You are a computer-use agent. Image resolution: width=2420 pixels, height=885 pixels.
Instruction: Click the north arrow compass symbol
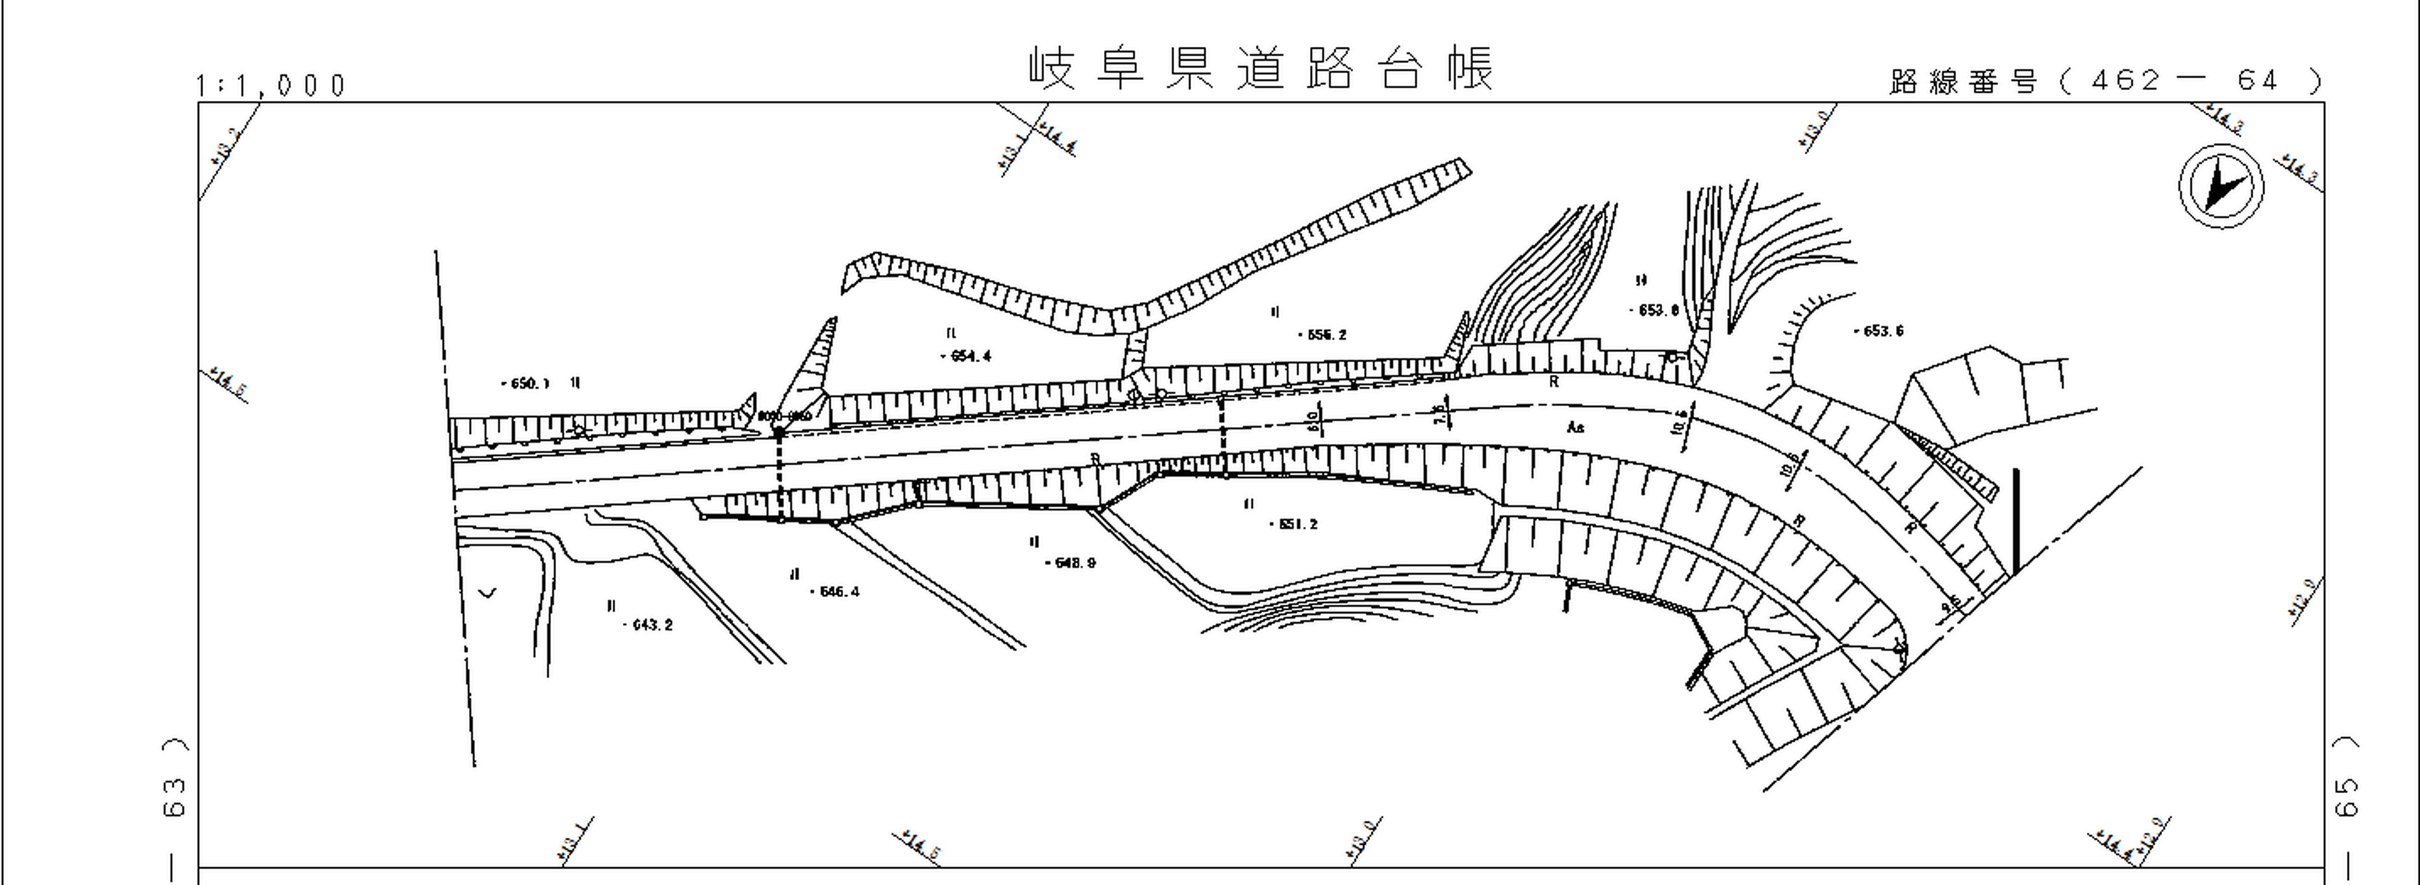click(2221, 185)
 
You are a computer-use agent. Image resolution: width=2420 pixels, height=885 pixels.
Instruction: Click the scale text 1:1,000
click(271, 86)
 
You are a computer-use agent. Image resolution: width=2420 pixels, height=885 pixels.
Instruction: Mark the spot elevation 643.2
click(650, 625)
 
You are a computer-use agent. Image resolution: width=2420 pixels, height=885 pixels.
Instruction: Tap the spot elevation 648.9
click(1073, 563)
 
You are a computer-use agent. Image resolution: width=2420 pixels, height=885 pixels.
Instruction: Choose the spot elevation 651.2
click(1296, 524)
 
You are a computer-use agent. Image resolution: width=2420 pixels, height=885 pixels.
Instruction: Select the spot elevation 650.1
click(528, 383)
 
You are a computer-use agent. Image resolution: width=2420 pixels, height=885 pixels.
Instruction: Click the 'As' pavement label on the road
click(1576, 427)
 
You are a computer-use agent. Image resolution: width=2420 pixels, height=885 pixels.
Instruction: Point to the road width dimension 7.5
click(1440, 414)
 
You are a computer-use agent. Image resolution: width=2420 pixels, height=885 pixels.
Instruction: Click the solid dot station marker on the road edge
click(779, 432)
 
